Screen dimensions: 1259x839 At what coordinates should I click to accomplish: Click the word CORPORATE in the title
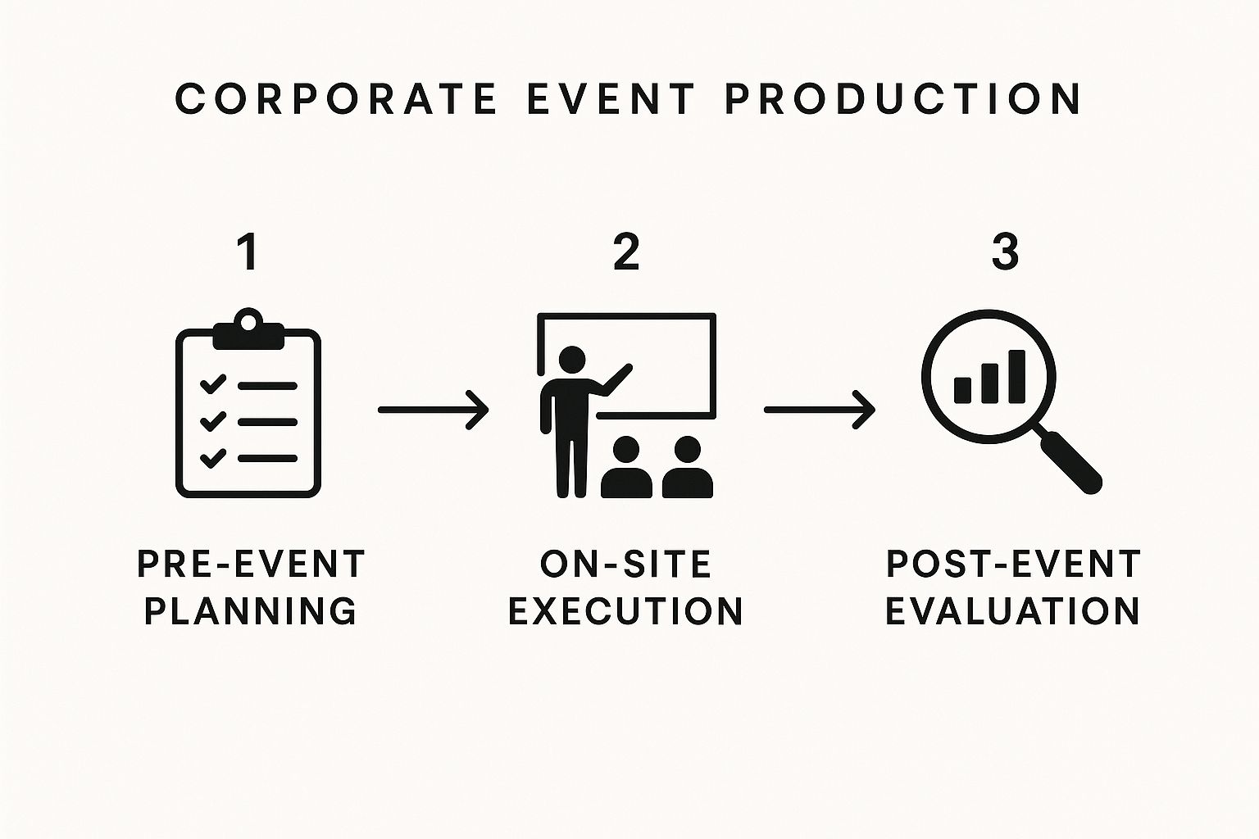(x=336, y=98)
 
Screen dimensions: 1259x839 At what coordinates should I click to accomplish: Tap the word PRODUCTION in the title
(x=903, y=98)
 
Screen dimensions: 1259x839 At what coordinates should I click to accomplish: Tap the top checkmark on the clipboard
(x=213, y=383)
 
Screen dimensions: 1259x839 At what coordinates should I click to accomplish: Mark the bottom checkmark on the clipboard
(x=213, y=457)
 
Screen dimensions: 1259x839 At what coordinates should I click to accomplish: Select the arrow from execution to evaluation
(x=819, y=409)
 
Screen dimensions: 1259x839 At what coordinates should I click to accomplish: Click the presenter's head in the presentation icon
(x=571, y=360)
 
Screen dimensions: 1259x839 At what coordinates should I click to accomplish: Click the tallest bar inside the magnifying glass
(x=1016, y=377)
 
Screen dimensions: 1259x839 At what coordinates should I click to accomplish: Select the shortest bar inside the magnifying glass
(x=963, y=389)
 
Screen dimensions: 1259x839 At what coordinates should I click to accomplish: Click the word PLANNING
(x=250, y=611)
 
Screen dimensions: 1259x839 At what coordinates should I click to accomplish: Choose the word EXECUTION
(x=625, y=611)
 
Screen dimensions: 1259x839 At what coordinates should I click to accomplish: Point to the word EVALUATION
(x=1013, y=611)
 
